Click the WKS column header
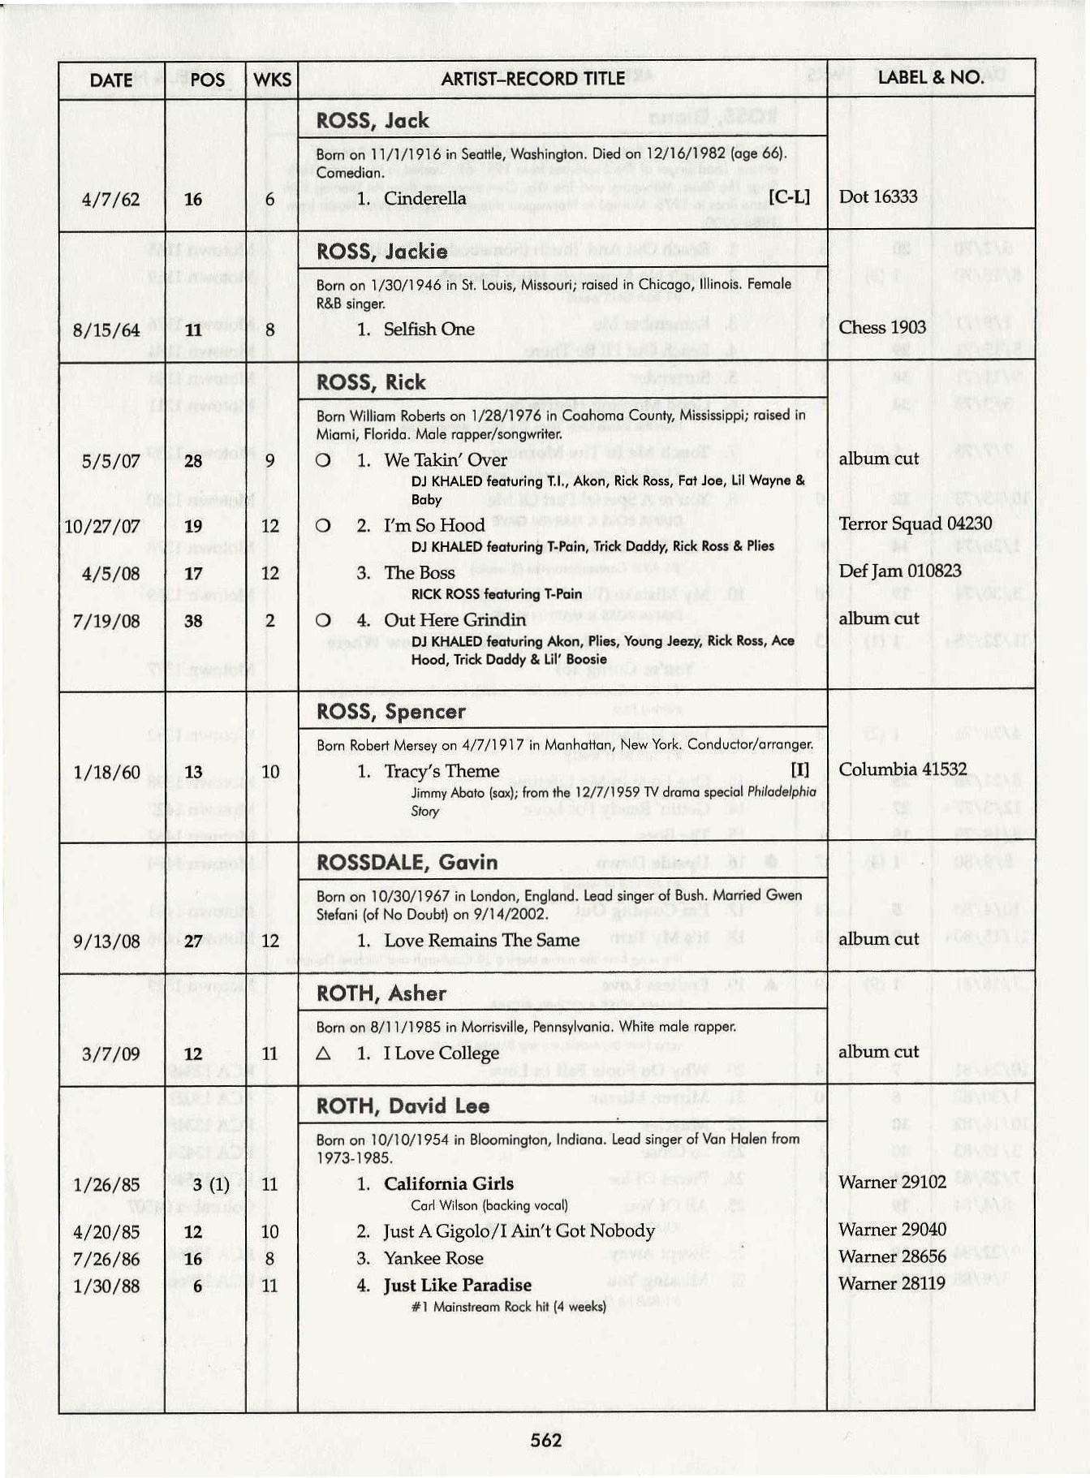point(272,80)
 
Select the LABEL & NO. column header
point(930,78)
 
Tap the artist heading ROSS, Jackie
point(381,252)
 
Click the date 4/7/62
point(110,200)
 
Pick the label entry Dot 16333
point(878,197)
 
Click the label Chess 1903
point(882,327)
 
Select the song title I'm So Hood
point(433,525)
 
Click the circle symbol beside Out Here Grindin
point(323,621)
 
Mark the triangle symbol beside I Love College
point(323,1054)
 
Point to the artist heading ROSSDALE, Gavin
point(407,862)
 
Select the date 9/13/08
point(106,942)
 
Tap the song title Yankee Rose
point(433,1259)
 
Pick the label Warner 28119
point(891,1284)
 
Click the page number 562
point(545,1440)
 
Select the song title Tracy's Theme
point(442,771)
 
